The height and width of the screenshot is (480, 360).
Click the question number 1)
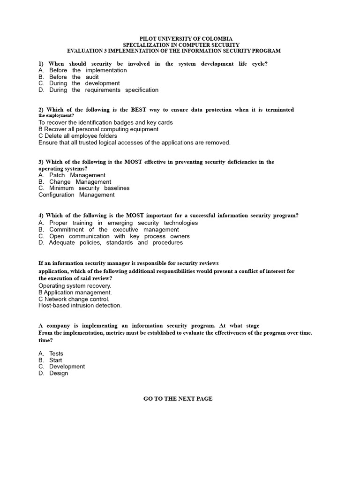click(42, 64)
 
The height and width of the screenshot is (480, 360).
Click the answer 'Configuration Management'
click(76, 195)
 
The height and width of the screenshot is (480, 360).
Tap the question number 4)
click(41, 216)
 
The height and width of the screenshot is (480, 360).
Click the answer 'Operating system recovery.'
click(75, 285)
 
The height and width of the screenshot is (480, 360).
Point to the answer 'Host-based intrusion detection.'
click(80, 306)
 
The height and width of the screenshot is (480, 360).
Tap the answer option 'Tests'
click(56, 354)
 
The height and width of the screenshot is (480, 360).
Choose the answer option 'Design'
click(59, 374)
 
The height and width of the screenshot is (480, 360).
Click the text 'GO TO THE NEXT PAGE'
click(178, 399)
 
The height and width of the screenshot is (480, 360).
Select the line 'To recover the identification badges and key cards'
click(105, 122)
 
